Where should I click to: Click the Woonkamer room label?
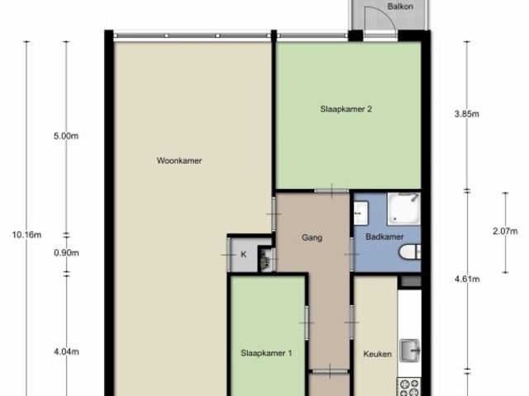[x=179, y=161]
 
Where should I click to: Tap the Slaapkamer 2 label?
[x=346, y=109]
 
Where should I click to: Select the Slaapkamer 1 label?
[x=266, y=353]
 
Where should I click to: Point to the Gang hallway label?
[x=312, y=238]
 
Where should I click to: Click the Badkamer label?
[x=384, y=237]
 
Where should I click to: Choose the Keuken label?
[x=378, y=354]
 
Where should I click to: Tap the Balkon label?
[x=400, y=6]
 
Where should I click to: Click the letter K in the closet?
[x=244, y=255]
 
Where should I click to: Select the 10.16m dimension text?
[x=26, y=234]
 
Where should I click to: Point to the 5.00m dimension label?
[x=66, y=136]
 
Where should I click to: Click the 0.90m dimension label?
[x=66, y=253]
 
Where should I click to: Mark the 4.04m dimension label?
[x=66, y=352]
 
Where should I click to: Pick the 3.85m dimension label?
[x=466, y=114]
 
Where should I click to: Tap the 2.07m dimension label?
[x=505, y=231]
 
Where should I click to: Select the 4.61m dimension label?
[x=467, y=279]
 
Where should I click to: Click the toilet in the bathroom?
[x=410, y=252]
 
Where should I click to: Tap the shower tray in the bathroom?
[x=403, y=209]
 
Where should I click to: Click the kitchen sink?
[x=410, y=351]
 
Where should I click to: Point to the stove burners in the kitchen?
[x=408, y=387]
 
